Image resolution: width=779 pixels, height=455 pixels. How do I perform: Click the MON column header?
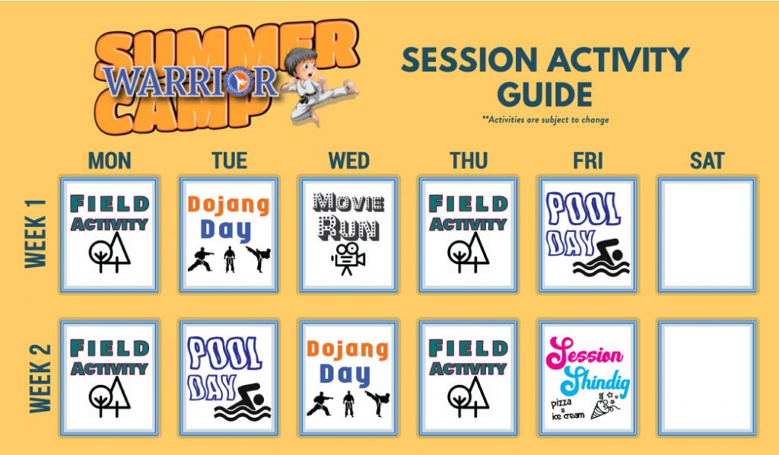coord(110,161)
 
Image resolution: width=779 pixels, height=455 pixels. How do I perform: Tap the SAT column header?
coord(707,161)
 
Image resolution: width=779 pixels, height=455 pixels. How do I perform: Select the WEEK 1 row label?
coord(36,234)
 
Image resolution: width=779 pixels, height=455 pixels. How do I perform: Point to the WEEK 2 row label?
coord(40,378)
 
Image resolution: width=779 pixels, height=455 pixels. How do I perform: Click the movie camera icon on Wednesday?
coord(348,258)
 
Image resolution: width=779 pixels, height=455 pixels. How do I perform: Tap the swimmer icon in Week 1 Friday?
coord(603,257)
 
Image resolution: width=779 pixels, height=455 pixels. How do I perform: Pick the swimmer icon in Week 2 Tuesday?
coord(243,402)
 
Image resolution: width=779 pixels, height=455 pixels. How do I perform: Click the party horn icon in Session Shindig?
coord(605,406)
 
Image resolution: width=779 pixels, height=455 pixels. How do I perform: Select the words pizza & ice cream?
coord(568,409)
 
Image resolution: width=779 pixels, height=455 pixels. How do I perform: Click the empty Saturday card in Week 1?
coord(707,234)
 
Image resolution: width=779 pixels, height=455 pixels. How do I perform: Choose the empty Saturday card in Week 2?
coord(707,378)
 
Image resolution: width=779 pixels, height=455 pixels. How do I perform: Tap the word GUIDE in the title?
coord(545,94)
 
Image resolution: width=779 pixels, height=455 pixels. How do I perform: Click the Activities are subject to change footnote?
coord(545,119)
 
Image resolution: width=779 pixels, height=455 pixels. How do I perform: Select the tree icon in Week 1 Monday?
coord(110,253)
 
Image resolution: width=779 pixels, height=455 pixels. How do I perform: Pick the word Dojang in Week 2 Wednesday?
coord(347,350)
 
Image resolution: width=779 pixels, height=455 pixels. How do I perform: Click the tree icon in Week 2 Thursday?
coord(469,396)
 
